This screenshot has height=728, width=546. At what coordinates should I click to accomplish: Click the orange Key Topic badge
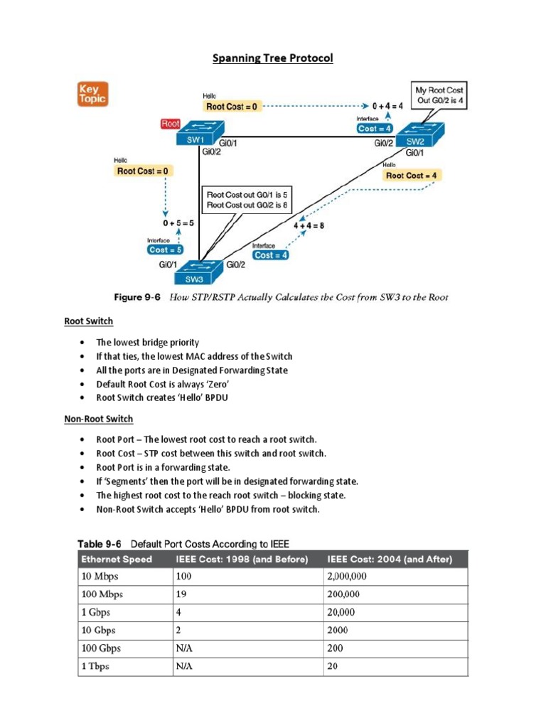[x=92, y=94]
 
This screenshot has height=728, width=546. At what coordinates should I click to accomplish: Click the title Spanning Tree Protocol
[x=272, y=58]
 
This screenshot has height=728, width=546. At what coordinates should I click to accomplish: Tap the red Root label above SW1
[x=171, y=124]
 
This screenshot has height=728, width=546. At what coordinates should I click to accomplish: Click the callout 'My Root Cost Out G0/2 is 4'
[x=440, y=95]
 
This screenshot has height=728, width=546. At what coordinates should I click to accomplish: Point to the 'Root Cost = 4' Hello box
[x=412, y=175]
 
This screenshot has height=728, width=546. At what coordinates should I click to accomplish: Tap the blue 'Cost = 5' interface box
[x=166, y=250]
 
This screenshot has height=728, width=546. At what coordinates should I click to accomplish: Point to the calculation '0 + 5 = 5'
[x=177, y=223]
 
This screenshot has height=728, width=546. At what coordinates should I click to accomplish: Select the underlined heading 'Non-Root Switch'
[x=99, y=419]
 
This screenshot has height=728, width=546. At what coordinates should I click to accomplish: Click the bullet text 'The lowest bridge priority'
[x=148, y=342]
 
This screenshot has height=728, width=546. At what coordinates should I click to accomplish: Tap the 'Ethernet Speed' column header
[x=117, y=559]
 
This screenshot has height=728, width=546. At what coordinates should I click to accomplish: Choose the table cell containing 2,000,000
[x=353, y=577]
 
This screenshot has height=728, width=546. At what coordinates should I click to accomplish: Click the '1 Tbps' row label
[x=95, y=666]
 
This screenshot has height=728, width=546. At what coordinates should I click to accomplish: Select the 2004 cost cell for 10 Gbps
[x=338, y=630]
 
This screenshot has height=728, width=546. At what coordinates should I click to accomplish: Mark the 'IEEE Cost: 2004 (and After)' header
[x=390, y=559]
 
